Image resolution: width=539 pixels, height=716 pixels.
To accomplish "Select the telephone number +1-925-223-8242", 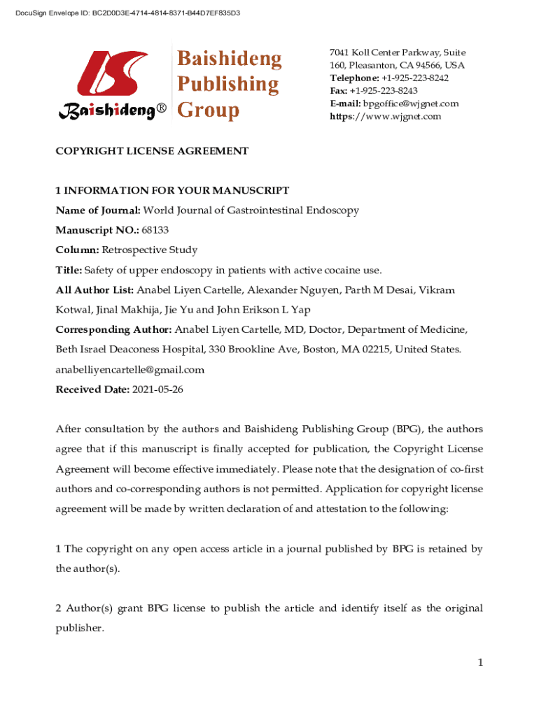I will click(414, 78).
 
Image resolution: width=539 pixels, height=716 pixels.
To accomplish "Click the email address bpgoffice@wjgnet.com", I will click(411, 103).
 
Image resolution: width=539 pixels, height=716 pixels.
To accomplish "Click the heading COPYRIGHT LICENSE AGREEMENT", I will click(152, 150).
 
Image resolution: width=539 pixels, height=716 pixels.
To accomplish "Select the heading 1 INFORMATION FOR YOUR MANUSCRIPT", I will click(172, 190).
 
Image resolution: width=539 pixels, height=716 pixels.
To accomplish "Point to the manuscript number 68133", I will click(155, 230).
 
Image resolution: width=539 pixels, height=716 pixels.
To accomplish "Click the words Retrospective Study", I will click(150, 250).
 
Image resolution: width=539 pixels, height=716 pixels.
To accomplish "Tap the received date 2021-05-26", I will click(157, 389).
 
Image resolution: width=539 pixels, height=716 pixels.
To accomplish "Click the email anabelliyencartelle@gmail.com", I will click(130, 370).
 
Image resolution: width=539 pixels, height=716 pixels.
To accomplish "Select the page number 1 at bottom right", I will click(480, 662).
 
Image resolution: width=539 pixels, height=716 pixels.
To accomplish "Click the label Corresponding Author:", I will click(113, 329).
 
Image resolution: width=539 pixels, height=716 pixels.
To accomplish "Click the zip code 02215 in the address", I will click(376, 350).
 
